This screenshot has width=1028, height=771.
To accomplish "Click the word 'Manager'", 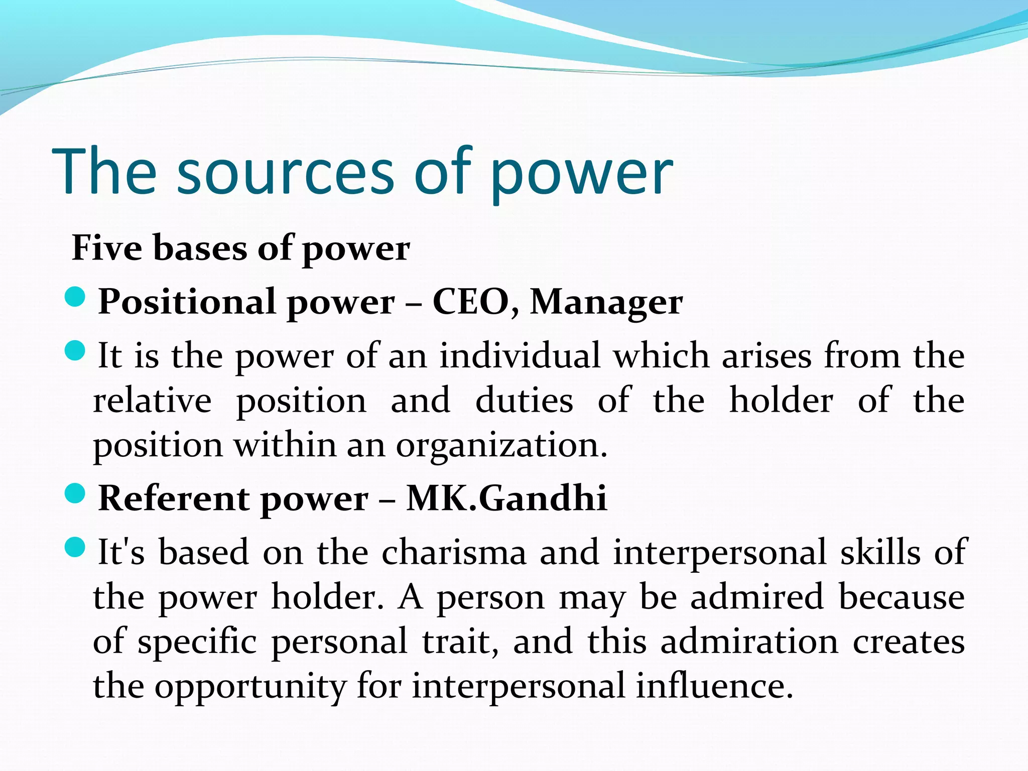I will (x=606, y=302).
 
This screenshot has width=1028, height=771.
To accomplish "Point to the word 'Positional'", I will (x=187, y=302).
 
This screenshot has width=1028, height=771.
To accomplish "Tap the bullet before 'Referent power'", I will (x=76, y=494).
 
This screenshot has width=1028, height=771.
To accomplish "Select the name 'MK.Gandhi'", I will (x=506, y=498).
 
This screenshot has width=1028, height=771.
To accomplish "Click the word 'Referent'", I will (x=174, y=498).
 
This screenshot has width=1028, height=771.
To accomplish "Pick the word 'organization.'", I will (x=501, y=446).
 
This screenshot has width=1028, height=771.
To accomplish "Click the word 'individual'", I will (x=520, y=356).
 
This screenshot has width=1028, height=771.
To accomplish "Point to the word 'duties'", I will (x=524, y=401).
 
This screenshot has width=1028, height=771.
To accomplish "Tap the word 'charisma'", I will (x=454, y=552).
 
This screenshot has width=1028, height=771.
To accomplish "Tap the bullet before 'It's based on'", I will (x=76, y=547).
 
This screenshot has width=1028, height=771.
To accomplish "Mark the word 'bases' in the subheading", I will (x=200, y=248).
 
